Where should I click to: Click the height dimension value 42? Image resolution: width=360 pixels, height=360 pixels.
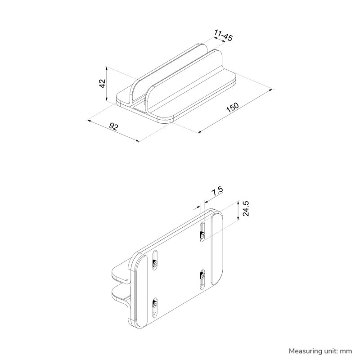point(103,84)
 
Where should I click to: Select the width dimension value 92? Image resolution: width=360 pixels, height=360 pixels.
point(114,127)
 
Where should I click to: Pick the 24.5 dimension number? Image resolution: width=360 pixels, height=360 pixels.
point(246,209)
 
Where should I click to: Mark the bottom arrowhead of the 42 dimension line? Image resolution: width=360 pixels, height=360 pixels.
point(107,100)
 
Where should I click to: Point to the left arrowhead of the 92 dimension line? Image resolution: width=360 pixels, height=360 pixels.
point(89,121)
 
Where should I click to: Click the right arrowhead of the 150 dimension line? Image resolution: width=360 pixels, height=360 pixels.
point(271,90)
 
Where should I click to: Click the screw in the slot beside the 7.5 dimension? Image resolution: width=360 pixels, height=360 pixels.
point(203,235)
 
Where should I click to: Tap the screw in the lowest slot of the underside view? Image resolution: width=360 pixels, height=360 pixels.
point(155,305)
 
